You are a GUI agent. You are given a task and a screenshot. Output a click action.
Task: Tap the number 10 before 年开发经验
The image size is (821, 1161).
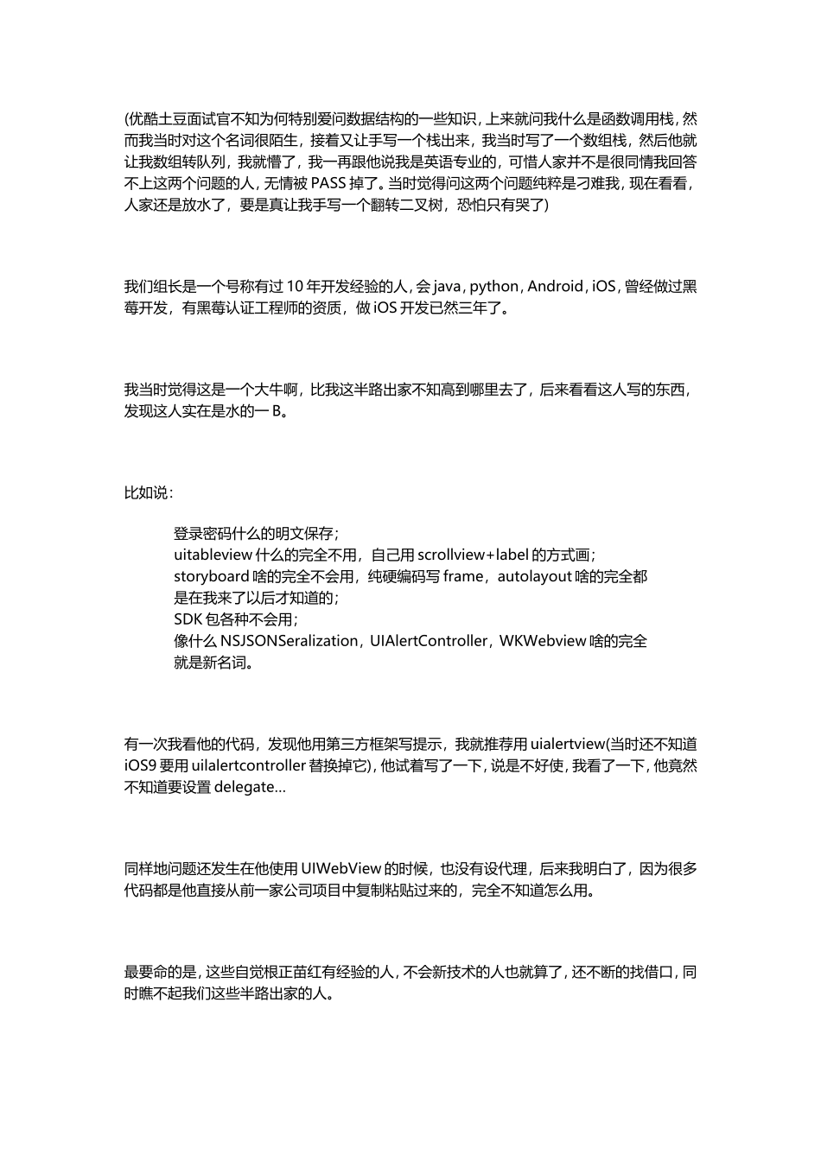[296, 287]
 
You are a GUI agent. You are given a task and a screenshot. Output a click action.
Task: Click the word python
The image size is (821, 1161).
[494, 287]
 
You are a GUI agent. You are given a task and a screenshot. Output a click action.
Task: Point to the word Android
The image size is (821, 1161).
[556, 287]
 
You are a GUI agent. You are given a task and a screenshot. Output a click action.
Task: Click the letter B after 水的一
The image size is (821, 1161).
[277, 411]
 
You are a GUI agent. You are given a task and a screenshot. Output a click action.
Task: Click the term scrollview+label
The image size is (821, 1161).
[473, 555]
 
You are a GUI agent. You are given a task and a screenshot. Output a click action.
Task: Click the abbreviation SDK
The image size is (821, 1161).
[188, 619]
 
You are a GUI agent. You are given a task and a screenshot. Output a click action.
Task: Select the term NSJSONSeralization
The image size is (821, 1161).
[289, 641]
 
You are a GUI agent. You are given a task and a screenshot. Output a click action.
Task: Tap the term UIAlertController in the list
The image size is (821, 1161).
[430, 641]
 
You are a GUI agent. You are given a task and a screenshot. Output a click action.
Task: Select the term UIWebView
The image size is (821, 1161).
[341, 869]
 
